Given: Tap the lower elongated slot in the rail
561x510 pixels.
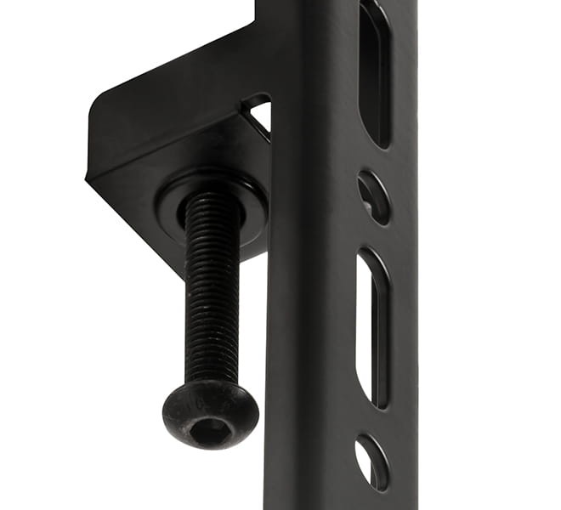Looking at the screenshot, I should click(x=371, y=327).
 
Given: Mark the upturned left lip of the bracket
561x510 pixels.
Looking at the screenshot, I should click(x=98, y=140).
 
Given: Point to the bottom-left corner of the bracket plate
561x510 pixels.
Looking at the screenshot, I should click(x=89, y=178).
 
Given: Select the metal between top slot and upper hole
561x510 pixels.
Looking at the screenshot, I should click(x=374, y=158).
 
